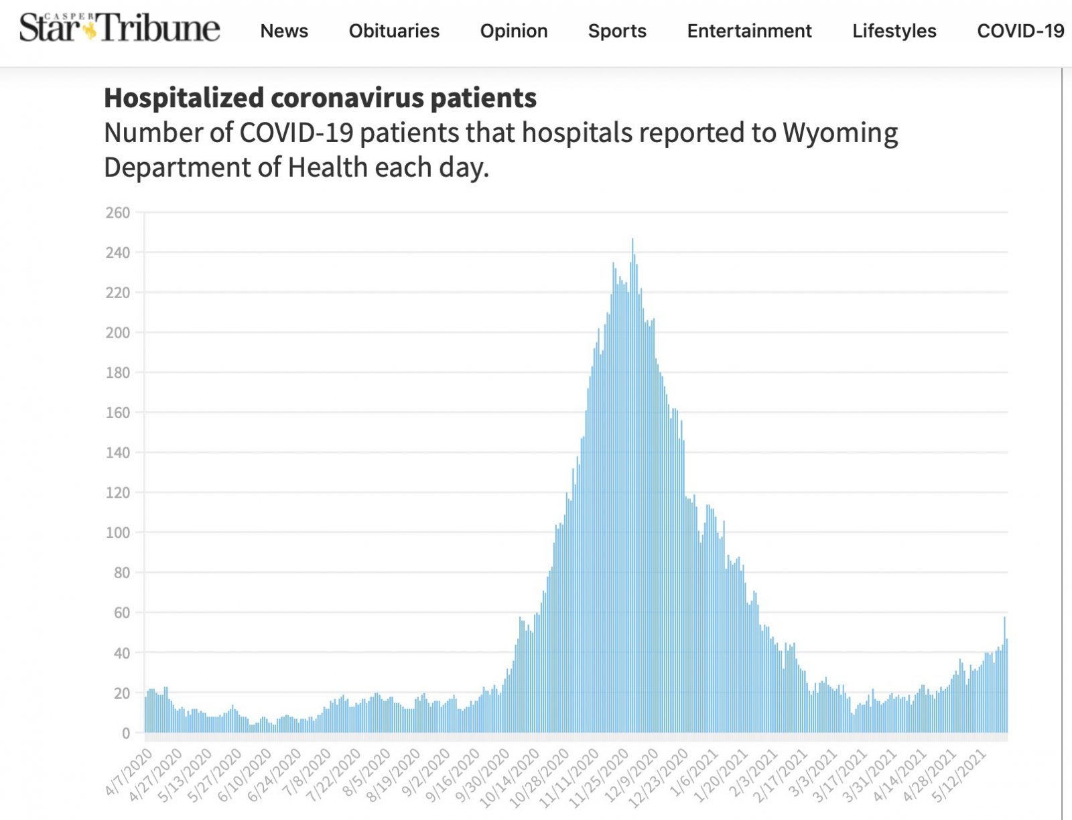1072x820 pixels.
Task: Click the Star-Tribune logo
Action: (119, 28)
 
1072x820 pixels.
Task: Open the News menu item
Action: (284, 31)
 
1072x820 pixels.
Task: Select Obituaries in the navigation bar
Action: (394, 31)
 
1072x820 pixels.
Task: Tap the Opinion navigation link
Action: (514, 31)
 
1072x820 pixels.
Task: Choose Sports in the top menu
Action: (617, 31)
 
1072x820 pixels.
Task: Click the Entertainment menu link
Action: (749, 31)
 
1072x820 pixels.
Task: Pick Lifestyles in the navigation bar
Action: (894, 31)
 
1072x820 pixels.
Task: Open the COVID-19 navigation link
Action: (1020, 31)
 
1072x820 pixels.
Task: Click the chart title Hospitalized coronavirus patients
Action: (320, 98)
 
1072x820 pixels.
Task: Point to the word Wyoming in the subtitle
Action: (840, 133)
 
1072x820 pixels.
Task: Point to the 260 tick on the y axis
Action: (118, 213)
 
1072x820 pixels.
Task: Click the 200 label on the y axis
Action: (118, 333)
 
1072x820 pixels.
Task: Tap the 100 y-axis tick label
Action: (118, 533)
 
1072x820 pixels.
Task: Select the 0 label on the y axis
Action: (125, 734)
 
